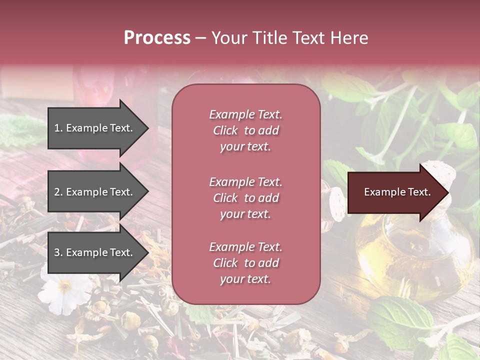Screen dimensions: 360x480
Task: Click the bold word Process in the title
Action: click(156, 38)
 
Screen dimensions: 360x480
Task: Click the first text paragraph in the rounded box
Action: click(245, 130)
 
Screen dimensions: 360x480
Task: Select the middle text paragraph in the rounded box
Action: click(245, 198)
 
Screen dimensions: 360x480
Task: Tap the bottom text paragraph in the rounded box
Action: click(245, 263)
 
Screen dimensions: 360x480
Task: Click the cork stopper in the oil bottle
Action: click(440, 172)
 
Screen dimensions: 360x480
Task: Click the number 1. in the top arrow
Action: click(58, 128)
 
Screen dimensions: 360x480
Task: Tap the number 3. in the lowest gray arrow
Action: click(58, 252)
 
